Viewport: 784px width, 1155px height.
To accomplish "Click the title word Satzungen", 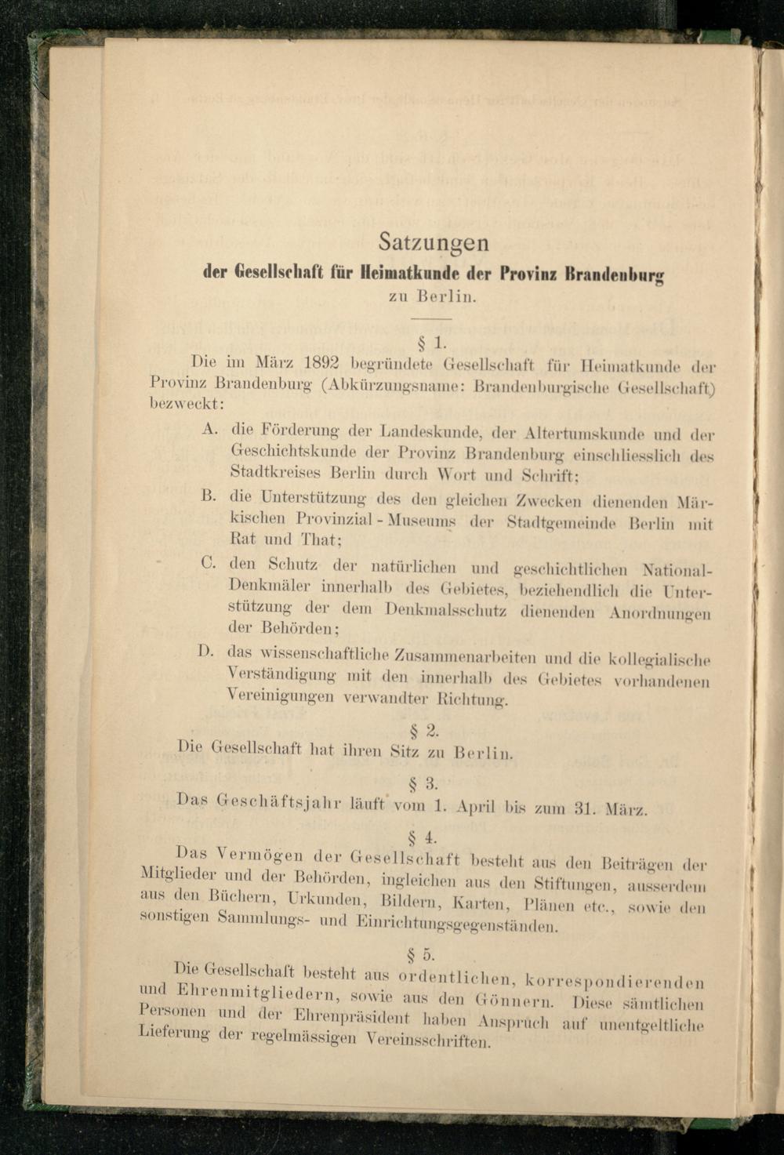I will tap(433, 242).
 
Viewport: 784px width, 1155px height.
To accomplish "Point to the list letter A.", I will tap(209, 429).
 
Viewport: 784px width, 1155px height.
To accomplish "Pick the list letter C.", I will tap(208, 561).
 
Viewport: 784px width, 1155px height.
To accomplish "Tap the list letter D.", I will tap(206, 650).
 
